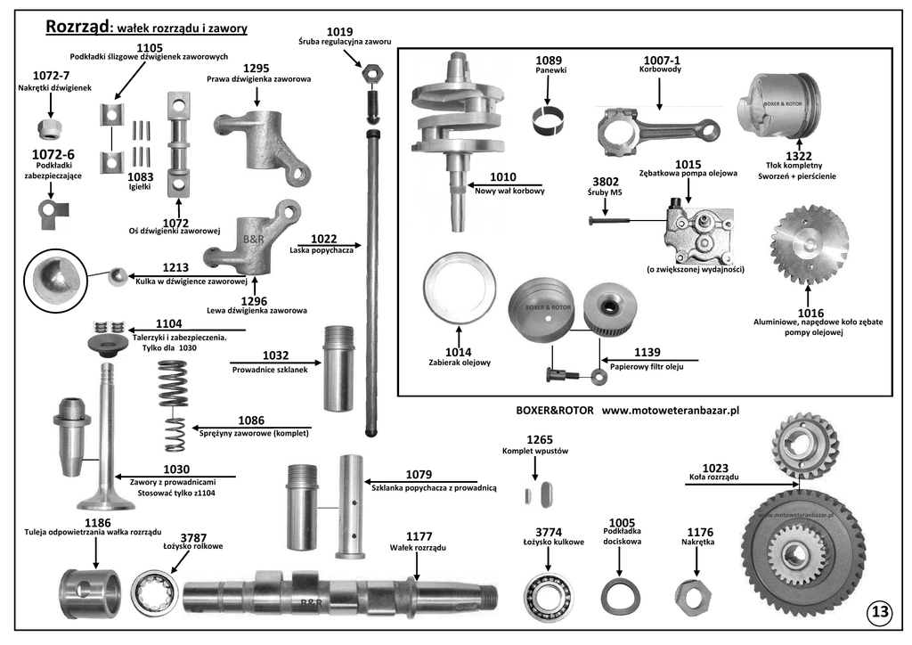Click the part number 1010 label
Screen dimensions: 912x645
(502, 176)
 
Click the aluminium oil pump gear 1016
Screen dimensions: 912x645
(809, 241)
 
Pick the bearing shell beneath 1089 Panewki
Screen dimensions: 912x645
(548, 119)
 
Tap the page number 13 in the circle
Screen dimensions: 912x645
(880, 611)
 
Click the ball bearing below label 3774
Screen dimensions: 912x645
(548, 595)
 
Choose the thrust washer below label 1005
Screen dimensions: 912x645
(621, 596)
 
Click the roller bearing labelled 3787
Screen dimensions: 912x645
(154, 592)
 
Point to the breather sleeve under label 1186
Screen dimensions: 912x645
(90, 593)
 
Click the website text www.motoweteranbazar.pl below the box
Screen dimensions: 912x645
(671, 410)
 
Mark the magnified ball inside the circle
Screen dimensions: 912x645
(56, 282)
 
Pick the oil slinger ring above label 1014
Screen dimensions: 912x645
(459, 290)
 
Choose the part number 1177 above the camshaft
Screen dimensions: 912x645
(419, 536)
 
